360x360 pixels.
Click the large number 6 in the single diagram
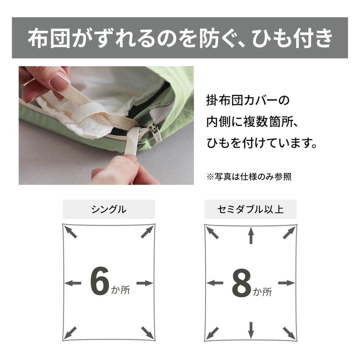(x=99, y=282)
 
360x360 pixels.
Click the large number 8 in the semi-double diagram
(x=241, y=283)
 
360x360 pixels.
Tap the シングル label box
(x=108, y=209)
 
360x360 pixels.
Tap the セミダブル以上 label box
(x=250, y=209)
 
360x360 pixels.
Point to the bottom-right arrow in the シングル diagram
(x=147, y=332)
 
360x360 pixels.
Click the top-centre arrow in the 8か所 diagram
(x=251, y=235)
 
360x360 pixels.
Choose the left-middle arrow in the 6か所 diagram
(x=73, y=283)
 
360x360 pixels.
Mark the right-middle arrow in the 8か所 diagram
(x=286, y=283)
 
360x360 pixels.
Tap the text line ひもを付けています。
(x=261, y=143)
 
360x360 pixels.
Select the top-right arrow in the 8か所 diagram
(x=288, y=232)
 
